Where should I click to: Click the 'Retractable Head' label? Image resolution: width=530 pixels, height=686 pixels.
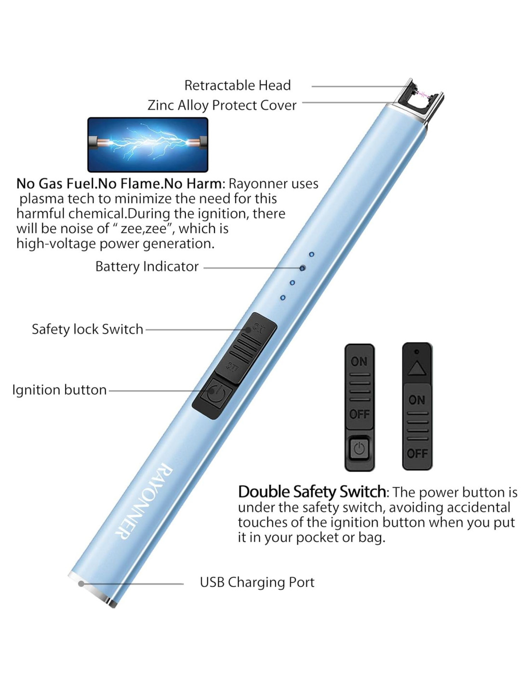(x=238, y=85)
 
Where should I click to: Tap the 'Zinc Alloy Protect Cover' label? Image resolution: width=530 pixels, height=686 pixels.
(x=222, y=105)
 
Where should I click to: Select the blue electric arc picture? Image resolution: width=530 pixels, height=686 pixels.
(x=148, y=145)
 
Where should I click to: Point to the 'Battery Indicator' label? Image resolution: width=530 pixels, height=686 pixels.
(x=147, y=266)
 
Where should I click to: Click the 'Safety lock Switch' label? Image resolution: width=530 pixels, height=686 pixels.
(x=87, y=329)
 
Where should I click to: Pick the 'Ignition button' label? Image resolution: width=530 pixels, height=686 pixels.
(x=59, y=390)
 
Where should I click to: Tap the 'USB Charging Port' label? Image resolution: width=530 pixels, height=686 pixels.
(x=257, y=582)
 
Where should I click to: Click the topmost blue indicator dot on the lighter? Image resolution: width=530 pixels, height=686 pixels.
(x=312, y=254)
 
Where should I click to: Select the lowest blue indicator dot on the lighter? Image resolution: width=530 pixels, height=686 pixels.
(x=283, y=298)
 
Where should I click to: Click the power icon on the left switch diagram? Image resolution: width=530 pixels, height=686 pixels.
(x=359, y=449)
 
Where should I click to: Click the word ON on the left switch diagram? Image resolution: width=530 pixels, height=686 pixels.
(x=359, y=362)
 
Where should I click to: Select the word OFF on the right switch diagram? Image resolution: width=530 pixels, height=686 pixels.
(x=417, y=453)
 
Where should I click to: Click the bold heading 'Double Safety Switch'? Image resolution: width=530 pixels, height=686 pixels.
(x=312, y=492)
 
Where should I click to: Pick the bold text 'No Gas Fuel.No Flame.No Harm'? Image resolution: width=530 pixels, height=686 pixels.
(x=119, y=184)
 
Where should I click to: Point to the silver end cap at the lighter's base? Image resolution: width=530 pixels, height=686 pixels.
(x=92, y=589)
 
